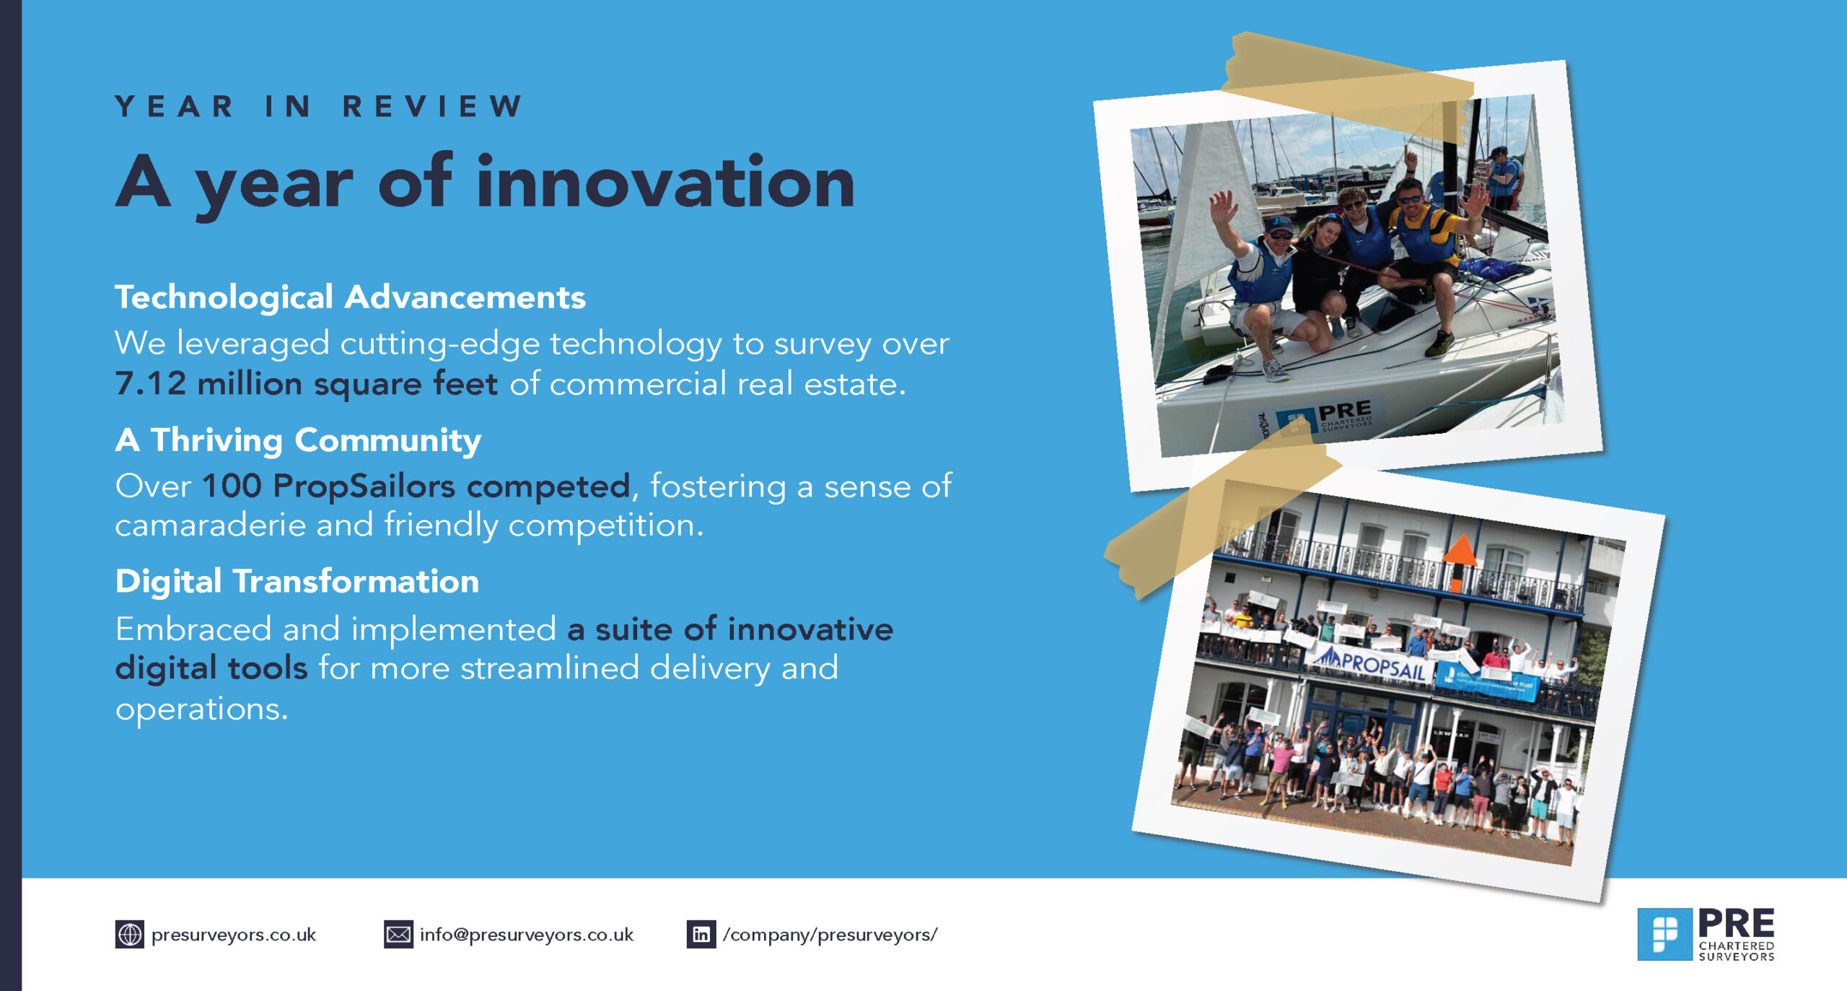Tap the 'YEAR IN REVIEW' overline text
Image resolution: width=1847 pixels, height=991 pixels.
pyautogui.click(x=319, y=106)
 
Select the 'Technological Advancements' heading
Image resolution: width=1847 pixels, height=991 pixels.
pyautogui.click(x=350, y=297)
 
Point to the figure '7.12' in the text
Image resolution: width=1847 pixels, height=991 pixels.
pyautogui.click(x=151, y=383)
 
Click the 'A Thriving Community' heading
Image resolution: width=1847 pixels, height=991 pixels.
pyautogui.click(x=298, y=440)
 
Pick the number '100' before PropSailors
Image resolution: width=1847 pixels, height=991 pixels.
pyautogui.click(x=232, y=486)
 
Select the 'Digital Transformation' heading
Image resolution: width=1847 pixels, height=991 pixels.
pyautogui.click(x=297, y=581)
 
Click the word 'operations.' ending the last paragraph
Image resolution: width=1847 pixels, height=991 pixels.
pyautogui.click(x=201, y=709)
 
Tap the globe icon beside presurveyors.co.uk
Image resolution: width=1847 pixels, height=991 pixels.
pyautogui.click(x=130, y=935)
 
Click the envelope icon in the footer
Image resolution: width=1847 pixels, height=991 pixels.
pyautogui.click(x=398, y=935)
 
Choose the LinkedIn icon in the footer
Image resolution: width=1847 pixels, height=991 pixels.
pyautogui.click(x=701, y=935)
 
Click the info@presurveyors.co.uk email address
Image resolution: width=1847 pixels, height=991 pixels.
pyautogui.click(x=527, y=935)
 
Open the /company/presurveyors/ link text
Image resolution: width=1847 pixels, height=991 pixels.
pyautogui.click(x=830, y=935)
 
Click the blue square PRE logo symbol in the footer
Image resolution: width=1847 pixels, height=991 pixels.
pyautogui.click(x=1664, y=934)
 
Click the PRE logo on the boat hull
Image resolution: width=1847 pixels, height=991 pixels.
pyautogui.click(x=1325, y=417)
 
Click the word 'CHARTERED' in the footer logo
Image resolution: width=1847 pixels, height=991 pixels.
pyautogui.click(x=1737, y=946)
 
